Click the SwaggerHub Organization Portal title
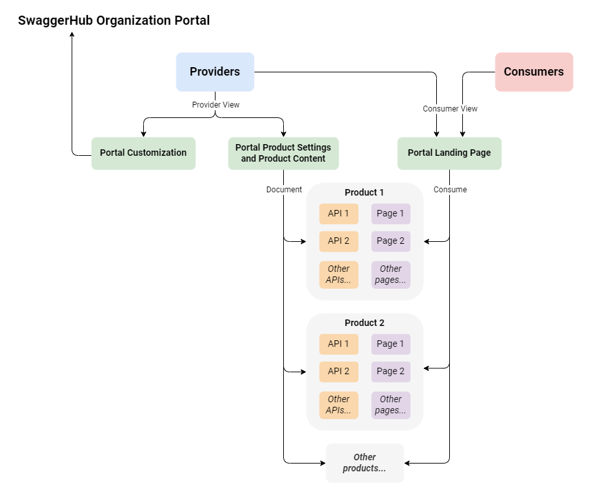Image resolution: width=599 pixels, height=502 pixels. (114, 20)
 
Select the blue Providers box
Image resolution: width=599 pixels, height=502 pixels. (215, 72)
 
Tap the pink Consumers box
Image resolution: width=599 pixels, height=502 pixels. (534, 72)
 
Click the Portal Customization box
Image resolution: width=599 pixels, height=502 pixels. (143, 153)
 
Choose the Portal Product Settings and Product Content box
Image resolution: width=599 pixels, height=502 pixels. (283, 153)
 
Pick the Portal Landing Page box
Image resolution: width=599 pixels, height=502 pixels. (449, 153)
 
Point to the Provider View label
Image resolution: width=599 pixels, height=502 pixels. (216, 104)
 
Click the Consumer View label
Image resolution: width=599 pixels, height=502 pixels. (450, 109)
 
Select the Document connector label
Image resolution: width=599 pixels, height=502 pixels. (284, 190)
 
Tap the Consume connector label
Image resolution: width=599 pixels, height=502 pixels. (450, 190)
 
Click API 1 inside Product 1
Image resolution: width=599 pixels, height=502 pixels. (339, 214)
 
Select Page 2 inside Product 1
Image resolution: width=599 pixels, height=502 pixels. (391, 241)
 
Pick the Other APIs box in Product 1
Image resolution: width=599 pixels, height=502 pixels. (339, 274)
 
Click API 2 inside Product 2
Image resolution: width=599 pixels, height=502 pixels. (339, 372)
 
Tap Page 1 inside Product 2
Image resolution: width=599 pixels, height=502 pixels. (391, 344)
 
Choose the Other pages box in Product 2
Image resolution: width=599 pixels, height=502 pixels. (391, 405)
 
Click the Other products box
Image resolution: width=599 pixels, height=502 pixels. (365, 463)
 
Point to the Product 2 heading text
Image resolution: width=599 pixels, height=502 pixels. (365, 323)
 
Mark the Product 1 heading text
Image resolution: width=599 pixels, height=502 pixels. (365, 192)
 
